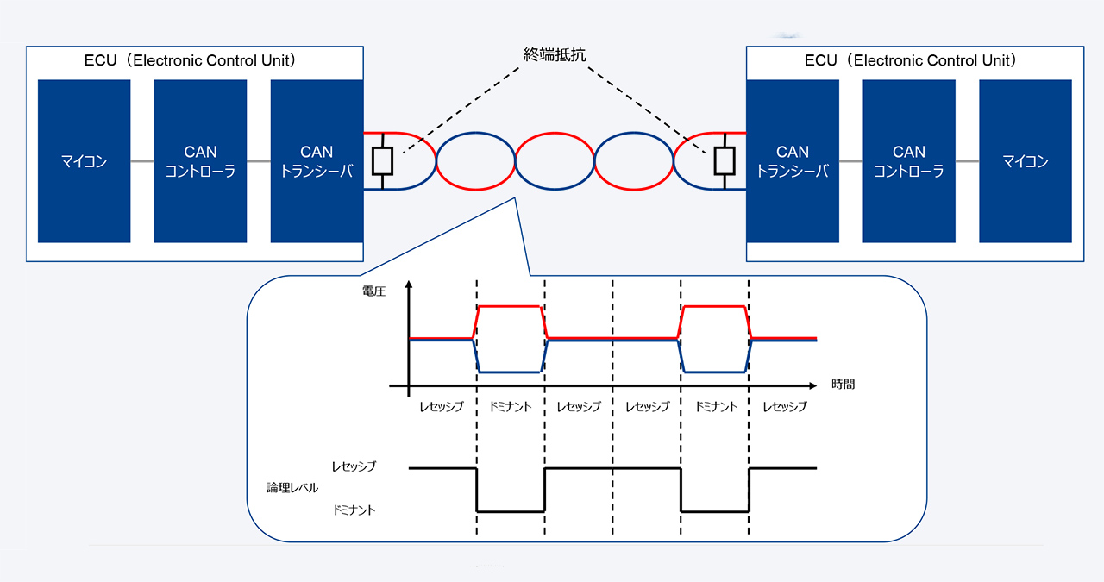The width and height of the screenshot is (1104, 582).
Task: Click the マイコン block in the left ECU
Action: point(84,161)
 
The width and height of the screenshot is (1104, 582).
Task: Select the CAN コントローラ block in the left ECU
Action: point(200,161)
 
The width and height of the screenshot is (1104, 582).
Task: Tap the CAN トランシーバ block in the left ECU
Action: point(317,161)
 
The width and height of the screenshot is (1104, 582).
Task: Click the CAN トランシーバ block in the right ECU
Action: point(793,161)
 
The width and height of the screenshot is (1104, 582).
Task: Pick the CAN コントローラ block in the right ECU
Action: point(909,161)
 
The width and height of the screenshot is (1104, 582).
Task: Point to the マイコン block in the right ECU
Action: point(1026,161)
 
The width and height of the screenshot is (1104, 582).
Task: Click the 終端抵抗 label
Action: point(555,54)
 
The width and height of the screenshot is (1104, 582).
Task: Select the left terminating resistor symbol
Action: point(382,161)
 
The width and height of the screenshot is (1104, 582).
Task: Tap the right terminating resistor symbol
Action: point(724,161)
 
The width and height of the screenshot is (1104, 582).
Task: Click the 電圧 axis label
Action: point(373,291)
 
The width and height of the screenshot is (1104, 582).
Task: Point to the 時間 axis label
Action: point(843,385)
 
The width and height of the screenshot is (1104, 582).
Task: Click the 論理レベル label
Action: point(292,488)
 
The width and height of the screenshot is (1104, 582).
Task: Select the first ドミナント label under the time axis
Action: point(510,407)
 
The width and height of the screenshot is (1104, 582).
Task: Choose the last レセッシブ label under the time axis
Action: point(785,407)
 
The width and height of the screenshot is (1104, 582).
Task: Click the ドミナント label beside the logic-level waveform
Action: point(354,510)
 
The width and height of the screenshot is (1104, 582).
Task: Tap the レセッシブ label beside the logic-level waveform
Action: point(354,466)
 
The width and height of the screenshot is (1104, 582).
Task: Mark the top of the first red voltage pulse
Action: point(510,307)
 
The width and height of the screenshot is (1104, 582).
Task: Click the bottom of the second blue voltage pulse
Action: point(715,372)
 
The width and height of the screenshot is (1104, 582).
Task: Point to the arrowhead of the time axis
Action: point(812,385)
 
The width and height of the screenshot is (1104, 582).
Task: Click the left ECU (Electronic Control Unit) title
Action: point(190,60)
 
